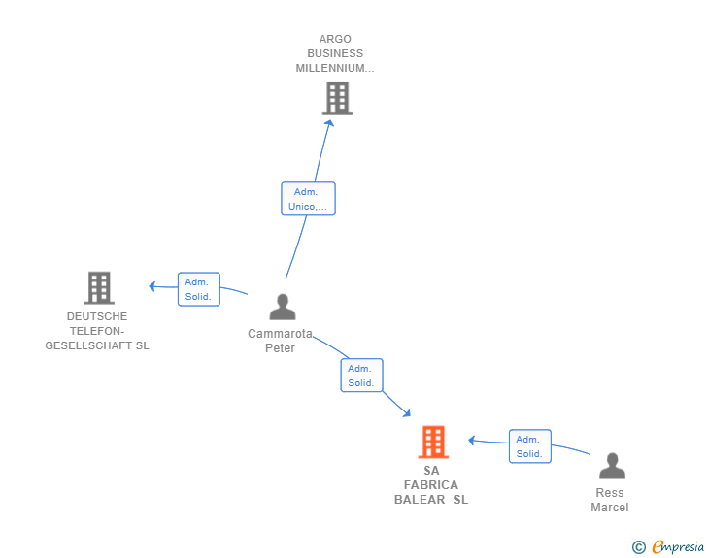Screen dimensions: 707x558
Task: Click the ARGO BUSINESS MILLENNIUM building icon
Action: pyautogui.click(x=337, y=98)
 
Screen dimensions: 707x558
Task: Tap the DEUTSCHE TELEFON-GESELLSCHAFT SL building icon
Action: pyautogui.click(x=99, y=287)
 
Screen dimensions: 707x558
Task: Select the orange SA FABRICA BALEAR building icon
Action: pyautogui.click(x=433, y=442)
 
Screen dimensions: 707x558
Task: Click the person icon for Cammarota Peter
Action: pyautogui.click(x=283, y=307)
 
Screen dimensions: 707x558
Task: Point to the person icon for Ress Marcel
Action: pyautogui.click(x=612, y=466)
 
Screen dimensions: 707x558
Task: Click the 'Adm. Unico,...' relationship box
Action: pyautogui.click(x=309, y=199)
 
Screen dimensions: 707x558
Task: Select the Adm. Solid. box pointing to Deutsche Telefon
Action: pyautogui.click(x=199, y=289)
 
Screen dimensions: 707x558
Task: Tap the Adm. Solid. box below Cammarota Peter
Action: pyautogui.click(x=361, y=376)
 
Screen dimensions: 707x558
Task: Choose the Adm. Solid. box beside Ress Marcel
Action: pyautogui.click(x=530, y=446)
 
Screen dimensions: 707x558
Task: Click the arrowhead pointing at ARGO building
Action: pyautogui.click(x=330, y=123)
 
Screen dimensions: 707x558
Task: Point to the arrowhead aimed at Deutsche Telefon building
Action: pyautogui.click(x=152, y=286)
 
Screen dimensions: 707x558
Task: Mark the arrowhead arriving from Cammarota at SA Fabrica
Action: pyautogui.click(x=407, y=412)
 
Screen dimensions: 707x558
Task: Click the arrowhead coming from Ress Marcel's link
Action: pyautogui.click(x=472, y=441)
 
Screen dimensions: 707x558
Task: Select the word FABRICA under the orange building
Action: pyautogui.click(x=431, y=485)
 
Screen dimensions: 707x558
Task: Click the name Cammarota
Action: pyautogui.click(x=280, y=334)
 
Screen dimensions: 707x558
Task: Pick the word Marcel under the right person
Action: pyautogui.click(x=610, y=508)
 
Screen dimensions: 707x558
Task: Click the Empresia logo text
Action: pyautogui.click(x=678, y=547)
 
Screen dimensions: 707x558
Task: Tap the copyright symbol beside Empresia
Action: pyautogui.click(x=639, y=547)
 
